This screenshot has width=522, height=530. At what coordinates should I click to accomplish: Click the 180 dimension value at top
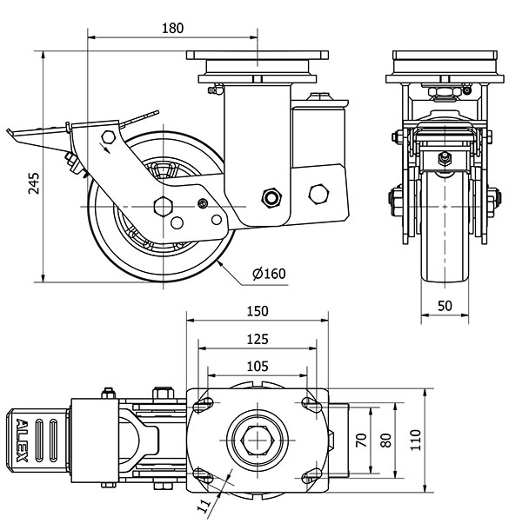click(x=173, y=28)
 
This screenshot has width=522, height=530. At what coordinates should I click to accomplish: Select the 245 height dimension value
click(x=34, y=182)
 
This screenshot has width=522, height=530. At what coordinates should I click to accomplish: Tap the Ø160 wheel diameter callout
click(x=268, y=275)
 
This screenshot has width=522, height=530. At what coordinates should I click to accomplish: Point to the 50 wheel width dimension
click(x=444, y=307)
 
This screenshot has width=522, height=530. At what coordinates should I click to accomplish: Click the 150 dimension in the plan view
click(x=258, y=310)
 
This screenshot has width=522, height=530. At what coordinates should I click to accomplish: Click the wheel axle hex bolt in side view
click(x=162, y=207)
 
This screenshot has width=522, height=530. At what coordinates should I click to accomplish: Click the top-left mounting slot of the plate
click(x=203, y=405)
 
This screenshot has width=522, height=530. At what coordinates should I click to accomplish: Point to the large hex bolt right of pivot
click(x=320, y=192)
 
